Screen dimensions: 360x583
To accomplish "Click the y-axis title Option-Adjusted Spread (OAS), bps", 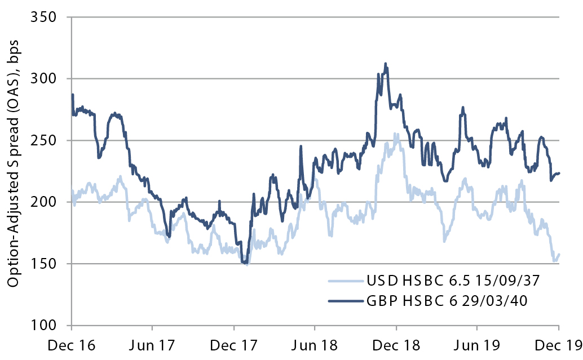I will [13, 171].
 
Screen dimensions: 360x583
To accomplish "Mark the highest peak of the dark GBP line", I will [385, 63].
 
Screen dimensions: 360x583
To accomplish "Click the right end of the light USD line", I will [559, 254].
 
